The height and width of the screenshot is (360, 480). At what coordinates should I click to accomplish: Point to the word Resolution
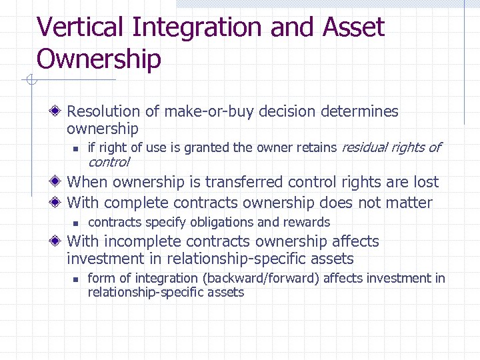[x=104, y=111]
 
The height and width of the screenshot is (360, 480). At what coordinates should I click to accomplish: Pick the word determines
[x=362, y=111]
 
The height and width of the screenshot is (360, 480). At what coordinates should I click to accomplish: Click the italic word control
[x=109, y=162]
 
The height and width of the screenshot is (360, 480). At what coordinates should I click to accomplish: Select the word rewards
[x=307, y=222]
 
